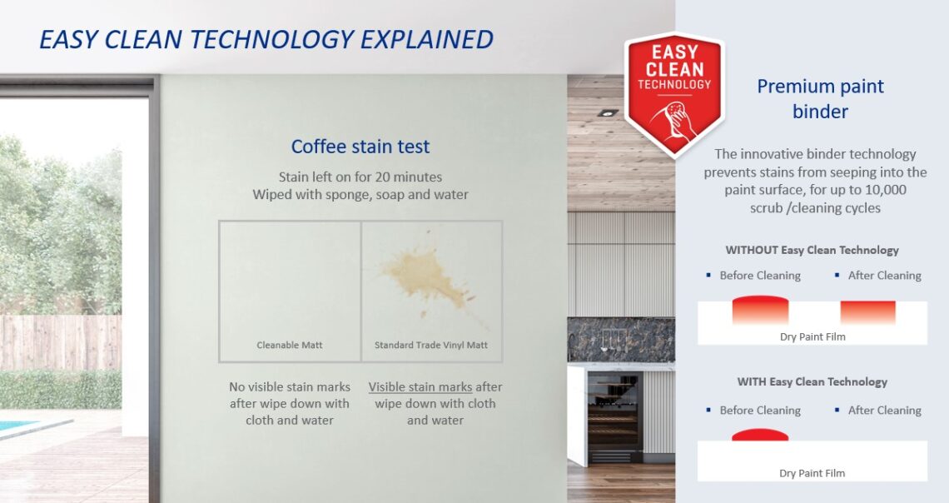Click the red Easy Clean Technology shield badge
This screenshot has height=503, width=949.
click(x=674, y=94)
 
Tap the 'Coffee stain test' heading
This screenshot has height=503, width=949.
click(x=360, y=147)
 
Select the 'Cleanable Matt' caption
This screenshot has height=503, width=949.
click(x=290, y=345)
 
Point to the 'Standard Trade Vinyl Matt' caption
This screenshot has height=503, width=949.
click(x=431, y=345)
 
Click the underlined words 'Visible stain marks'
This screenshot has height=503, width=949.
click(x=420, y=386)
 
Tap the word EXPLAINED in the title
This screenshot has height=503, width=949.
click(x=427, y=39)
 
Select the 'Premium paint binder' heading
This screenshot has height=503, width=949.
click(x=820, y=98)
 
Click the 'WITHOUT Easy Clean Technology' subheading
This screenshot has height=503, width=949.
click(x=812, y=250)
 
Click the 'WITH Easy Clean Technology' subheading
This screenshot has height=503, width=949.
click(x=812, y=382)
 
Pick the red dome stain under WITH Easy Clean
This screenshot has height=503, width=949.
click(x=760, y=435)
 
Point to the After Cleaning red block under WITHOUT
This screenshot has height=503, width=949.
click(x=868, y=312)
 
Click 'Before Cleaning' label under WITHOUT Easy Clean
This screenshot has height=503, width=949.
click(x=759, y=276)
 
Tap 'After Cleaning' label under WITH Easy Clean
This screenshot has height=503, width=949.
click(x=884, y=411)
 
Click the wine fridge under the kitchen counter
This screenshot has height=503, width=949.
click(x=615, y=417)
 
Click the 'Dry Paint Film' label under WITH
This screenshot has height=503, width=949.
click(x=812, y=473)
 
